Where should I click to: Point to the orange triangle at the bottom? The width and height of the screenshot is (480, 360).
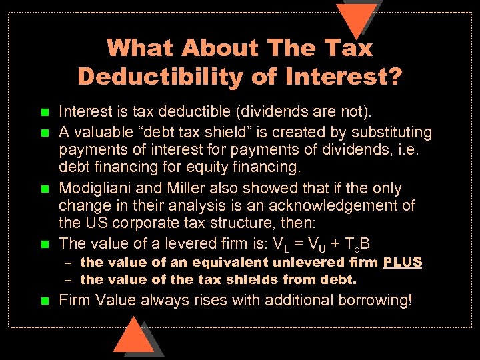point(133,337)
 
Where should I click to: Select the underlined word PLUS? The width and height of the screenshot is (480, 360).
point(403,262)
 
